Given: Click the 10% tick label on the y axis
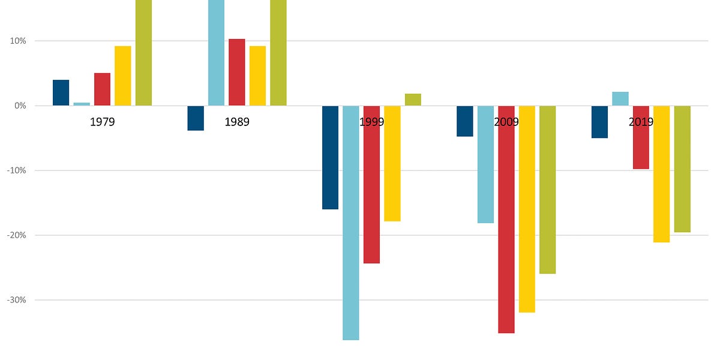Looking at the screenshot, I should (x=18, y=41).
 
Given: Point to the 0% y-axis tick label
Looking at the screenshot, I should (x=21, y=106).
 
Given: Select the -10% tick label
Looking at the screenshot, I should (x=17, y=170).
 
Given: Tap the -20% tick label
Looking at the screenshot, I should (x=17, y=235).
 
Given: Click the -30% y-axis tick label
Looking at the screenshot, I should (x=17, y=300).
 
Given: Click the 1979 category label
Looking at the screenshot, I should (x=102, y=122).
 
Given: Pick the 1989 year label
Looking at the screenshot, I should (x=237, y=122).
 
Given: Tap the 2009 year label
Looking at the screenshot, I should (x=506, y=122).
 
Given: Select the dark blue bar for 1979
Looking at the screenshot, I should (x=61, y=92).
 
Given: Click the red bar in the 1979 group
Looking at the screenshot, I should (x=102, y=89).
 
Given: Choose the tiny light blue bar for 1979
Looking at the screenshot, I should (x=82, y=104).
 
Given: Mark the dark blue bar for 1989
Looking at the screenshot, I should (x=196, y=118).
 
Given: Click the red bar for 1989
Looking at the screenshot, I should (x=236, y=72).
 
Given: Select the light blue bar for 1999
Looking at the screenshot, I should (x=351, y=223).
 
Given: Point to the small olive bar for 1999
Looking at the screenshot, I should (x=413, y=100).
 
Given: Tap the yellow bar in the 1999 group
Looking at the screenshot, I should (x=392, y=163).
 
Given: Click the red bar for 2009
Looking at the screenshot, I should (x=506, y=219).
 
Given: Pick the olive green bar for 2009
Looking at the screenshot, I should (x=547, y=190).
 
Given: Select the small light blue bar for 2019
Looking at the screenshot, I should (x=620, y=98).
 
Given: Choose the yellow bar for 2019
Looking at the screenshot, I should (x=661, y=174).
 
